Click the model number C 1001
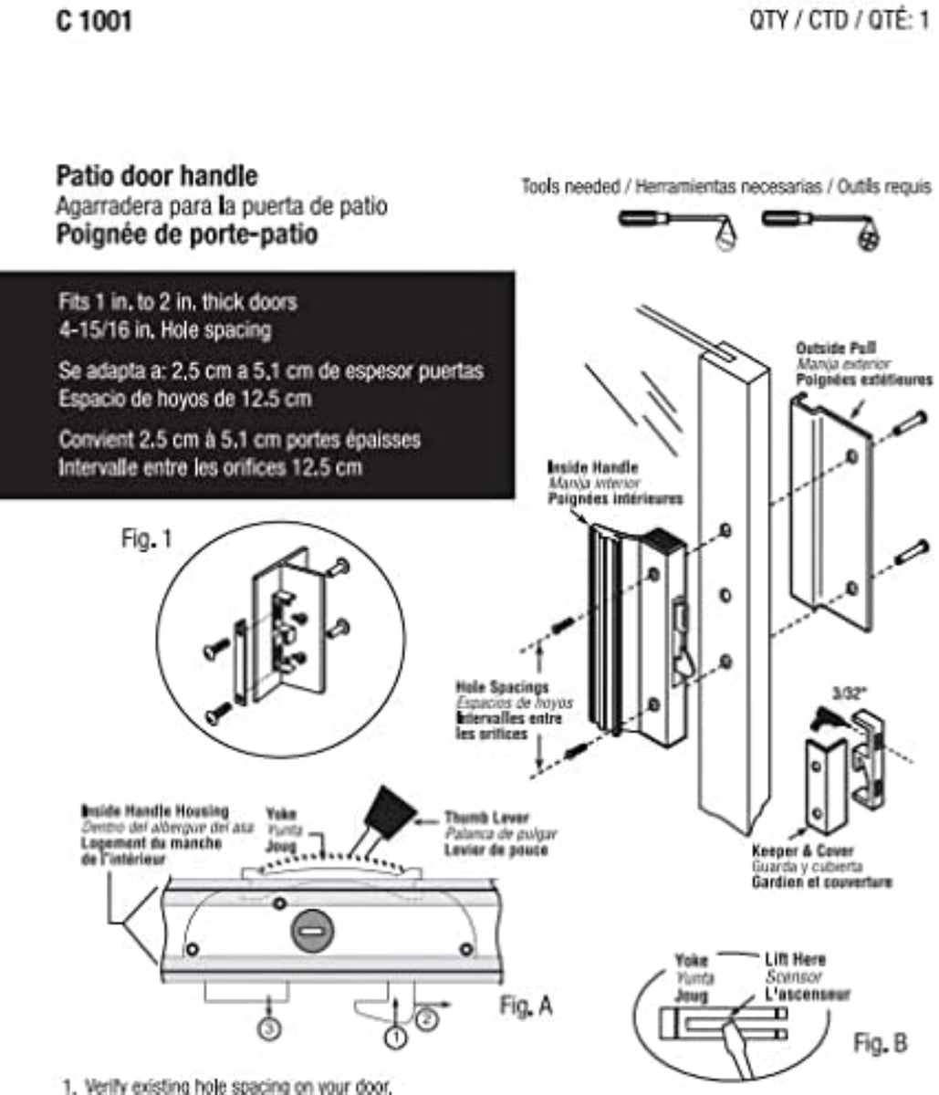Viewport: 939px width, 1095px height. [x=94, y=20]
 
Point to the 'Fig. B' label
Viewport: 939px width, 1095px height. [x=881, y=1042]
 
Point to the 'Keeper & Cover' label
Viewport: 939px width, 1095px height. [x=790, y=850]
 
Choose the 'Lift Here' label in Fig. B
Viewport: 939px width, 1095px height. [x=794, y=959]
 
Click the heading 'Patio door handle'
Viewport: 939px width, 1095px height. [x=157, y=175]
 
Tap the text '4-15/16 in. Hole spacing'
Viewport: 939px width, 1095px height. [x=164, y=329]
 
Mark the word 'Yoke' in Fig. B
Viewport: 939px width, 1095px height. [x=690, y=960]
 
